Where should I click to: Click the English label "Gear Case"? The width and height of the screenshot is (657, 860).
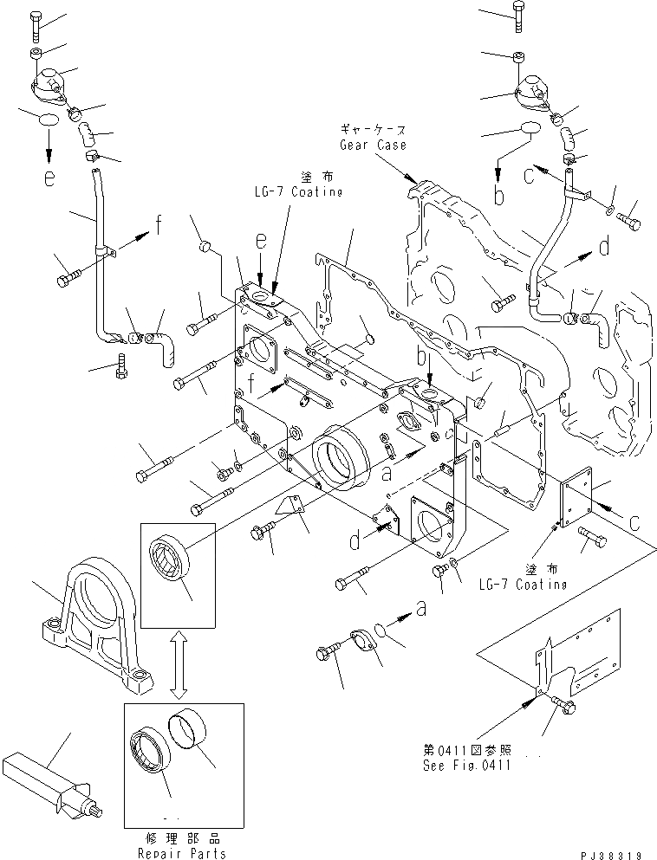(373, 145)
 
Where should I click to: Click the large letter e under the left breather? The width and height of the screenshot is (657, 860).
(50, 178)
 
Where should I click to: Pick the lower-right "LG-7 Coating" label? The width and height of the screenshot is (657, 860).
(524, 585)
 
